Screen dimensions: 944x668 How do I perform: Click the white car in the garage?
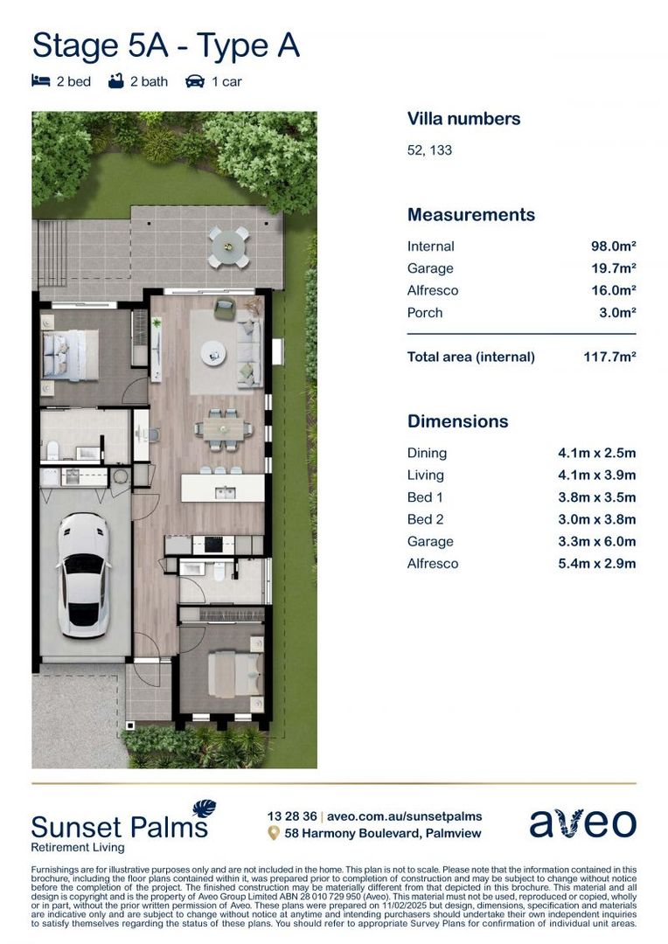83,574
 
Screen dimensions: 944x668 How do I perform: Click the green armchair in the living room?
225,308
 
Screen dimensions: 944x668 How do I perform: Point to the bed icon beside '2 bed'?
40,81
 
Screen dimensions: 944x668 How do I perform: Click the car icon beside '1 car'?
194,81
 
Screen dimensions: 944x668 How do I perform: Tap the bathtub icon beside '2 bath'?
115,81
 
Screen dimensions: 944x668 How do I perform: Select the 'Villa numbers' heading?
463,119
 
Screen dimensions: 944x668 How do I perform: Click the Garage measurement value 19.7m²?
613,268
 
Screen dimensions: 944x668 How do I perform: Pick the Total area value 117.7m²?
609,357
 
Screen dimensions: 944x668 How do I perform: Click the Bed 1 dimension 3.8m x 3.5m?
596,497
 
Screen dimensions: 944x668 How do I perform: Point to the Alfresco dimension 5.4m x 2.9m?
596,564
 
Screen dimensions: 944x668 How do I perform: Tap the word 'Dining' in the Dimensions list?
427,453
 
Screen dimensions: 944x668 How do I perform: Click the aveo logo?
582,823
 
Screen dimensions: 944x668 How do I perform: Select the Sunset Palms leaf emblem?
204,809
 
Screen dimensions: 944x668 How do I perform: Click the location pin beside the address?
274,833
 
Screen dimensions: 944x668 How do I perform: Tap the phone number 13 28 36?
292,816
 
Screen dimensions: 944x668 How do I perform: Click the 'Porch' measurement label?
425,313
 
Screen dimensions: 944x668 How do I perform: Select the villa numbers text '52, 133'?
429,150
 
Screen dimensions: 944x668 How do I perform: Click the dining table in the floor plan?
224,428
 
